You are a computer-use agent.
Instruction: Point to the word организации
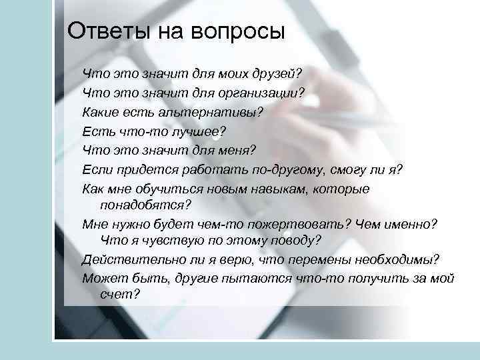tap(265, 92)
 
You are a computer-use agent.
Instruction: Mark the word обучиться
tap(169, 189)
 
